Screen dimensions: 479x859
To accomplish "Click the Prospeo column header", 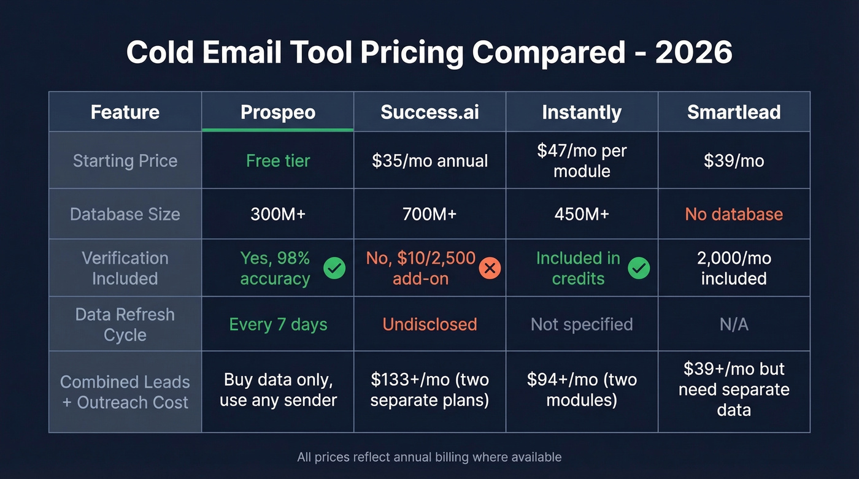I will click(278, 112).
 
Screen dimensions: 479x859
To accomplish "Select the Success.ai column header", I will click(429, 112).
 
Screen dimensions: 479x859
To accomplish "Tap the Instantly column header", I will click(582, 112).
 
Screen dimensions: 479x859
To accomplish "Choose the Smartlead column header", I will click(734, 112).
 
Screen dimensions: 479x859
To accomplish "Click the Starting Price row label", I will click(125, 161).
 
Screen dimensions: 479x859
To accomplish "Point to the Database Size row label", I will click(125, 214).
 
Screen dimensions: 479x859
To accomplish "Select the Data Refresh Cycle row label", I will click(125, 324).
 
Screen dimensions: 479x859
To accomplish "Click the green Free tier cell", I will click(278, 161).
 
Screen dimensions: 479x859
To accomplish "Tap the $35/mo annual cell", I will click(429, 161).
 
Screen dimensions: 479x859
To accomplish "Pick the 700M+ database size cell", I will click(429, 214).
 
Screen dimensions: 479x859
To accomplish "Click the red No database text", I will click(734, 214).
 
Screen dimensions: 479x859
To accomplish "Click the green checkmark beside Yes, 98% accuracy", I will click(334, 268).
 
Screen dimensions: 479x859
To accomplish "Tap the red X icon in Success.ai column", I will click(490, 268).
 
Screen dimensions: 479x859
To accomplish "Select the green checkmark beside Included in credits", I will click(639, 268).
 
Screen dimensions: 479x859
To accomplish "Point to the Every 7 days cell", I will click(278, 324).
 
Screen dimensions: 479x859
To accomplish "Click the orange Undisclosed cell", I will click(429, 324).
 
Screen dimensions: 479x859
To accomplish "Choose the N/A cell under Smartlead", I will click(734, 324).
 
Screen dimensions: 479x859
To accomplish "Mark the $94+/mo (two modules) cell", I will click(582, 390).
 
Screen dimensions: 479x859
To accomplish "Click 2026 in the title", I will click(693, 53).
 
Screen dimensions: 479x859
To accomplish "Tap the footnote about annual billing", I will click(429, 457).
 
